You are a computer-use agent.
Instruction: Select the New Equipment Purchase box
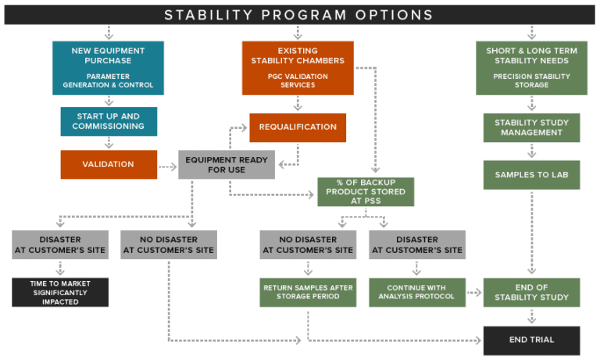click(x=108, y=68)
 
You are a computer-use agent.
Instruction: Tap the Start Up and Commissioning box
click(x=108, y=121)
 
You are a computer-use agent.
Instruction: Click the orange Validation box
click(x=108, y=165)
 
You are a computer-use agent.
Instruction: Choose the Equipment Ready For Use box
click(x=227, y=165)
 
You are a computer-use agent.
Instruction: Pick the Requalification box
click(x=298, y=127)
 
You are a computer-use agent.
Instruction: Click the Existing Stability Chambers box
click(x=298, y=68)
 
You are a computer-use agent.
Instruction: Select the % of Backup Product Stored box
click(x=366, y=191)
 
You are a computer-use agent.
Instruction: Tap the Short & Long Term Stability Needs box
click(x=531, y=68)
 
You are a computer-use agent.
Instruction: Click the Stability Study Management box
click(x=531, y=127)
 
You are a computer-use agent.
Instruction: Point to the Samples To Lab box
click(x=531, y=175)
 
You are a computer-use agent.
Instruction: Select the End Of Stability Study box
click(x=531, y=292)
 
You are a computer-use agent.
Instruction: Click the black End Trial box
click(x=531, y=340)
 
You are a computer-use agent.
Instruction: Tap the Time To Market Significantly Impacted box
click(x=59, y=292)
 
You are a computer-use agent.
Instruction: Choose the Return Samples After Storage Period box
click(x=308, y=292)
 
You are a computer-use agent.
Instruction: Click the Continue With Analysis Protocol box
click(x=416, y=292)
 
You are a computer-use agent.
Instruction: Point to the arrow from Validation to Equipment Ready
click(x=167, y=166)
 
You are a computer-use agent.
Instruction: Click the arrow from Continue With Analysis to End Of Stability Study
click(x=474, y=293)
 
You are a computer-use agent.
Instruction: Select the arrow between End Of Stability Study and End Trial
click(x=531, y=316)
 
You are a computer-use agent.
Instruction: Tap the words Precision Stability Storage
click(x=531, y=80)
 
